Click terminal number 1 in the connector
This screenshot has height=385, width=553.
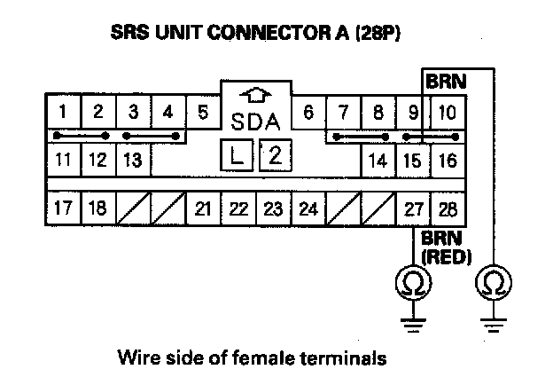[x=64, y=113]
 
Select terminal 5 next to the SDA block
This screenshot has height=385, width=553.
[x=203, y=113]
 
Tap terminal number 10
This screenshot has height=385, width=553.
[x=448, y=113]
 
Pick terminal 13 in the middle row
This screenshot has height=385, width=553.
[x=133, y=161]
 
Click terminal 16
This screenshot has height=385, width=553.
[x=448, y=161]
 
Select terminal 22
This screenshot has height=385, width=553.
[x=238, y=209]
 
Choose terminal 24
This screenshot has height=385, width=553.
[x=307, y=209]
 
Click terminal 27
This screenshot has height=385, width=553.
[x=413, y=209]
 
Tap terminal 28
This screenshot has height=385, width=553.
[x=448, y=209]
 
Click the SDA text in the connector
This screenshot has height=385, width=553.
[x=254, y=120]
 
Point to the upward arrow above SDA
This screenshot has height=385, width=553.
[x=254, y=94]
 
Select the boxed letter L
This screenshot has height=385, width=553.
[x=236, y=157]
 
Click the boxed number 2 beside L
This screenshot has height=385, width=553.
[x=274, y=157]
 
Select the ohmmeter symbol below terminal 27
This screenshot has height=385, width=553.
[x=414, y=284]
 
